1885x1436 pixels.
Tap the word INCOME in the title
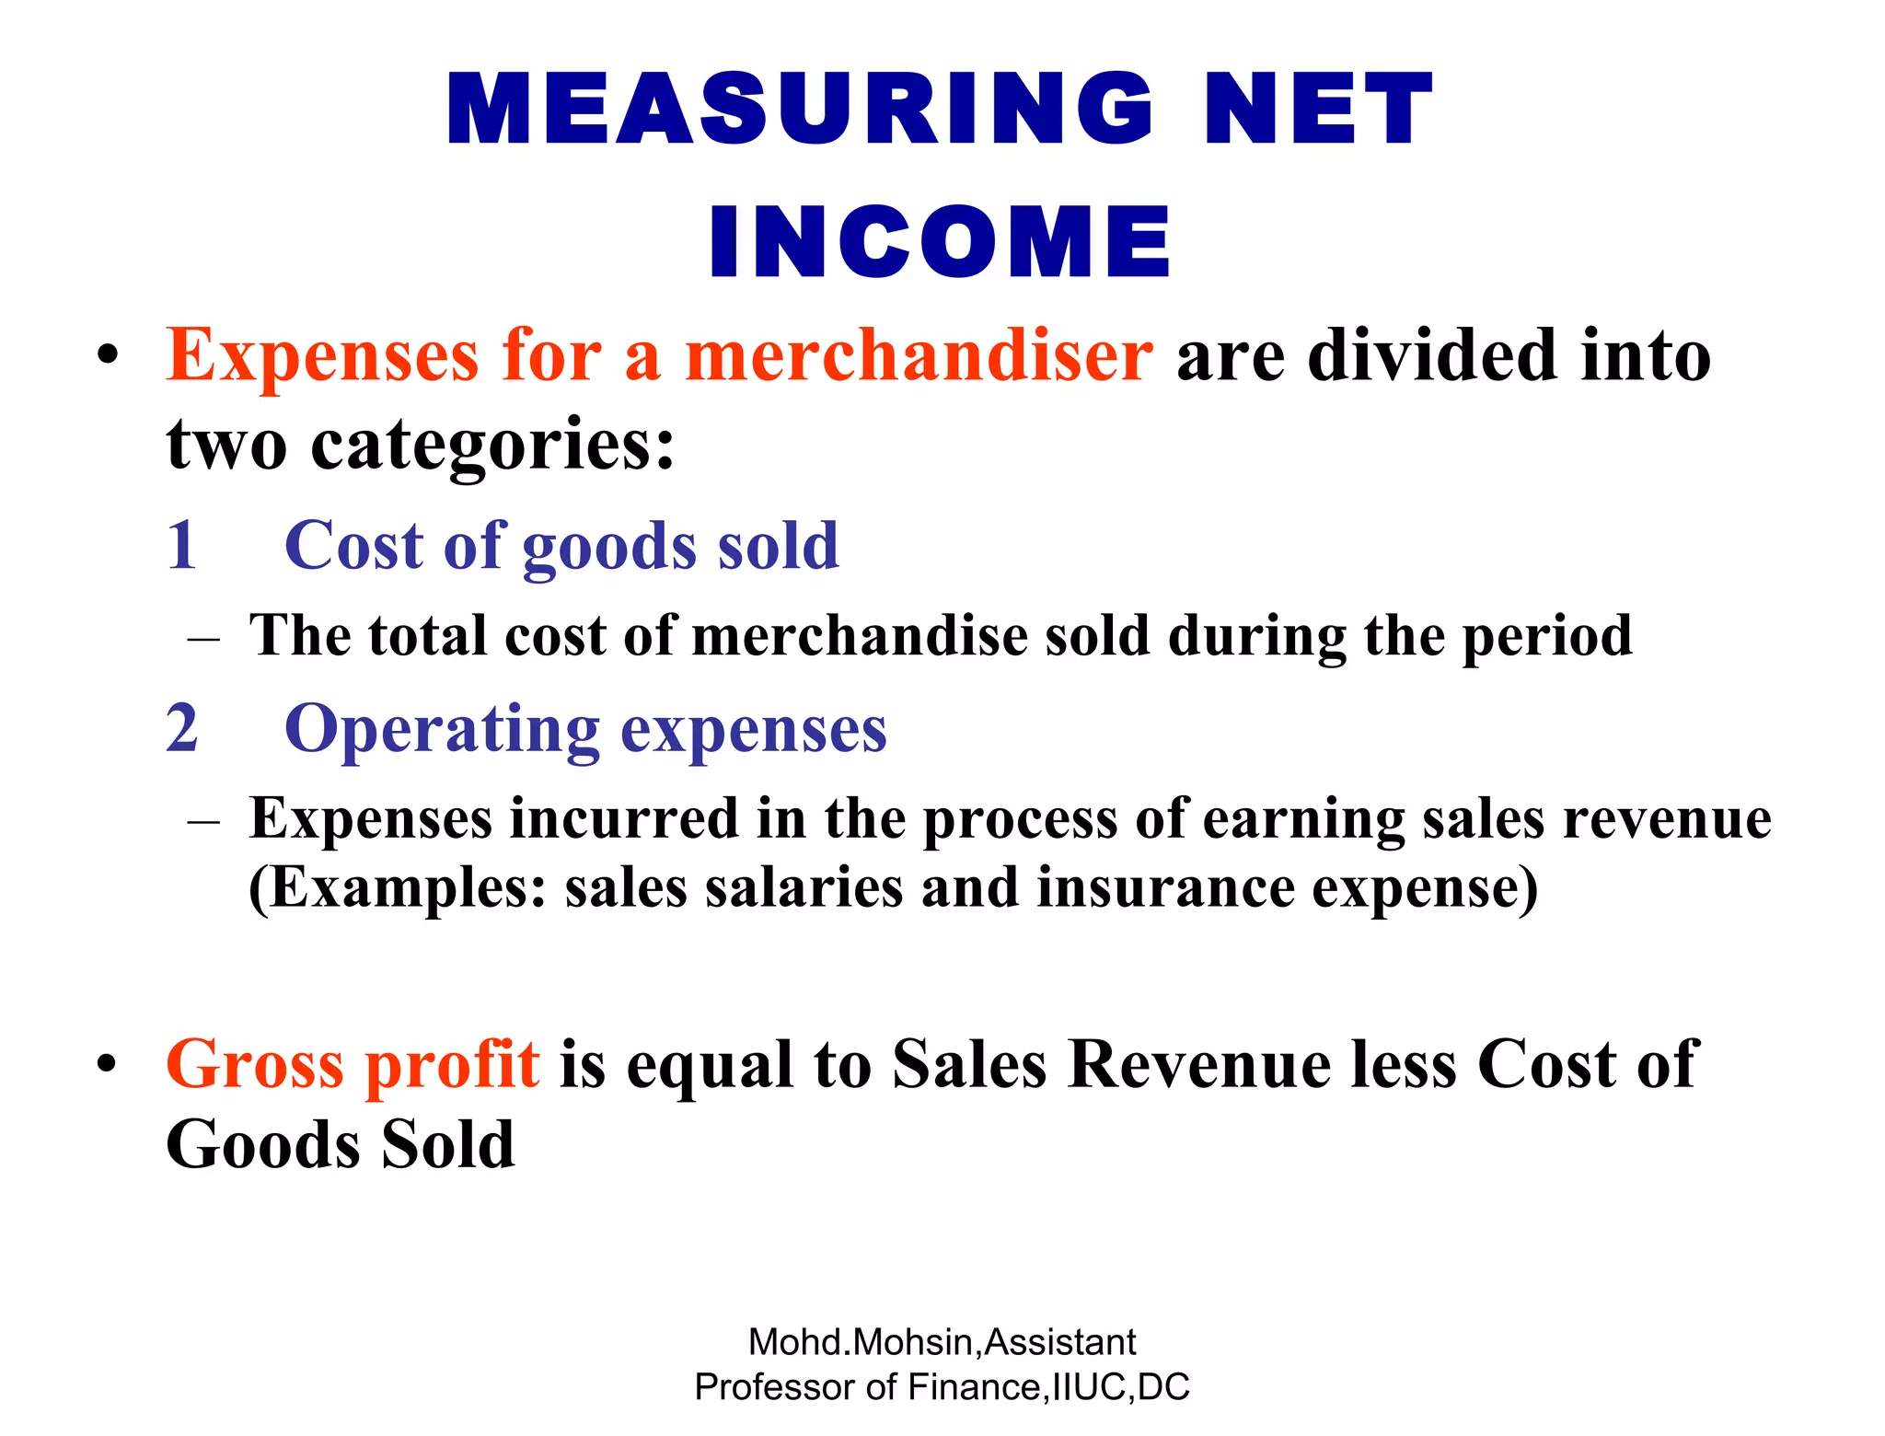(940, 242)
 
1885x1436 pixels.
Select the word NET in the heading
(1318, 110)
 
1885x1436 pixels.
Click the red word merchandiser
(919, 356)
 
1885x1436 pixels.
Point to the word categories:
(493, 444)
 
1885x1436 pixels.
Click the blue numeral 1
(182, 545)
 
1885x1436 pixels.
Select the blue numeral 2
(182, 728)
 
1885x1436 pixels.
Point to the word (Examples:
(398, 889)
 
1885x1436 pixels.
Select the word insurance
(1164, 887)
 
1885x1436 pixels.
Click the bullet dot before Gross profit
(108, 1064)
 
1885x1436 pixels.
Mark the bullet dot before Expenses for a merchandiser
(108, 355)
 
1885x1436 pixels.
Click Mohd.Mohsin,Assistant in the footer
(942, 1342)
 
